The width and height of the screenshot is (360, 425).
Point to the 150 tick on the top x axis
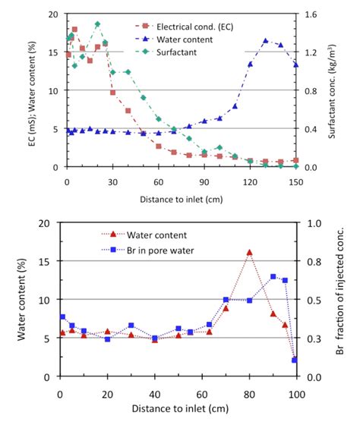click(x=295, y=181)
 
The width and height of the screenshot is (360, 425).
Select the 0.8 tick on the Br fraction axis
click(x=312, y=262)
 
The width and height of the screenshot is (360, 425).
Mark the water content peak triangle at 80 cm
click(x=248, y=252)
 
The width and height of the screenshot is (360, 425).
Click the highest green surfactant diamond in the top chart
click(x=97, y=24)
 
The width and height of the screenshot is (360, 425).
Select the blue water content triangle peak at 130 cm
click(x=265, y=41)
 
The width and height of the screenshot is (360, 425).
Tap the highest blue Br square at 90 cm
click(x=272, y=277)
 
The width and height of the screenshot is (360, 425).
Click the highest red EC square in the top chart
click(x=74, y=30)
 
